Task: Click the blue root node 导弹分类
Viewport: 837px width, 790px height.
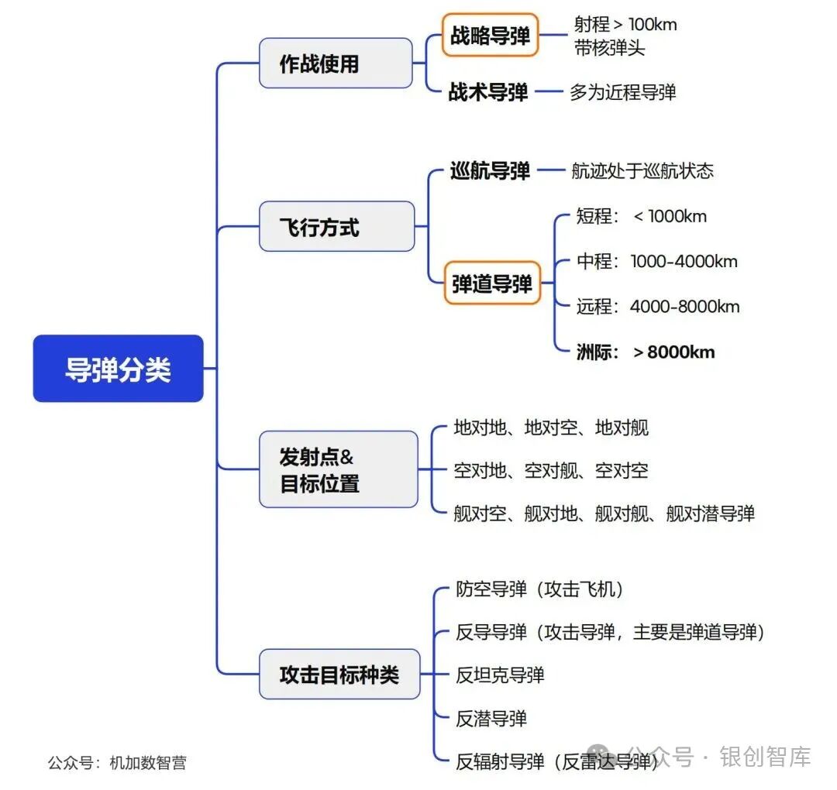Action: pos(118,369)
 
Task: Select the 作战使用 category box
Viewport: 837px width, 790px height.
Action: pos(335,63)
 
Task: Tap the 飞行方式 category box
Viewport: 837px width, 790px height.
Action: pos(336,227)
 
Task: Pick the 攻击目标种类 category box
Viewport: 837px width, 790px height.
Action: pos(339,674)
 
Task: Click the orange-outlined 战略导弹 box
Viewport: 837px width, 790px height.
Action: pos(490,35)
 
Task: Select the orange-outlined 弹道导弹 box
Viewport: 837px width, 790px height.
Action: pos(492,283)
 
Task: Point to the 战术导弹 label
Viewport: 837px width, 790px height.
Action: pos(488,92)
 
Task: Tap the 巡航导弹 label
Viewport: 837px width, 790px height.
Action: pos(490,170)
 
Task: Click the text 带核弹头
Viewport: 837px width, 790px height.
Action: pos(610,48)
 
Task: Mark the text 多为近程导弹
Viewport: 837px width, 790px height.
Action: pos(623,92)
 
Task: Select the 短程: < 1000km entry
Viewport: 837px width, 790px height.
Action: pos(642,216)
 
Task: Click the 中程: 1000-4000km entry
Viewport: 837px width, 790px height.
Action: pos(657,261)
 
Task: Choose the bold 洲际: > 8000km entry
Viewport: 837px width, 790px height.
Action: pos(646,352)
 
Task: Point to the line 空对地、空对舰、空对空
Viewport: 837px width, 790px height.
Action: pos(551,470)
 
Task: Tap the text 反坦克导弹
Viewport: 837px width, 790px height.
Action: pos(500,675)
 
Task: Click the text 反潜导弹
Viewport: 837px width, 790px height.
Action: pos(491,719)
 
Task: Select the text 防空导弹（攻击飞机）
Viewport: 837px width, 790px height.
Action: pos(540,589)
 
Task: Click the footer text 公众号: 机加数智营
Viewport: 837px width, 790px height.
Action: pos(117,762)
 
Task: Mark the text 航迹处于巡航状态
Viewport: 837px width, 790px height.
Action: pos(642,170)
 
